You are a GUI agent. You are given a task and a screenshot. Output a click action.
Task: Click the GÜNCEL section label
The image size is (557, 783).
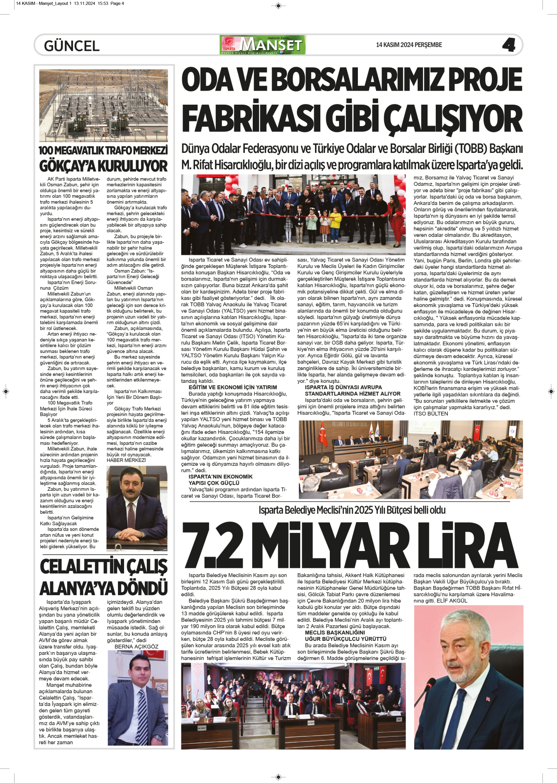[72, 46]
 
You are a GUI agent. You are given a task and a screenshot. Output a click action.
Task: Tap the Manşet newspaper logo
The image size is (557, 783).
[263, 45]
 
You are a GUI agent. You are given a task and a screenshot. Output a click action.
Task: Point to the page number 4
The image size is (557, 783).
[509, 45]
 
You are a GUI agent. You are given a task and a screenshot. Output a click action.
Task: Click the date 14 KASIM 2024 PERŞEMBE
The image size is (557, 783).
[409, 45]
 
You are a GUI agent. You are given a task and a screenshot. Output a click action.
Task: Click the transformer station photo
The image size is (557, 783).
[103, 105]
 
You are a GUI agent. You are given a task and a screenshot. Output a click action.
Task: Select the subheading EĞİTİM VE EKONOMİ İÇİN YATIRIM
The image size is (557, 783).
[233, 387]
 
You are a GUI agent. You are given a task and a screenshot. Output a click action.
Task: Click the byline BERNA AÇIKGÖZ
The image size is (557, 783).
[136, 647]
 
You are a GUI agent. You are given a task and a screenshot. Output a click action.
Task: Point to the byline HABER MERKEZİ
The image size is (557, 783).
[126, 460]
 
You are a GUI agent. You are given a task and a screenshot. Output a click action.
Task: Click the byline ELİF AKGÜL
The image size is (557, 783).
[452, 601]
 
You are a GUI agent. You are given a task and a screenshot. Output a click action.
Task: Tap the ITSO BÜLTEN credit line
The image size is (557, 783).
[430, 414]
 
